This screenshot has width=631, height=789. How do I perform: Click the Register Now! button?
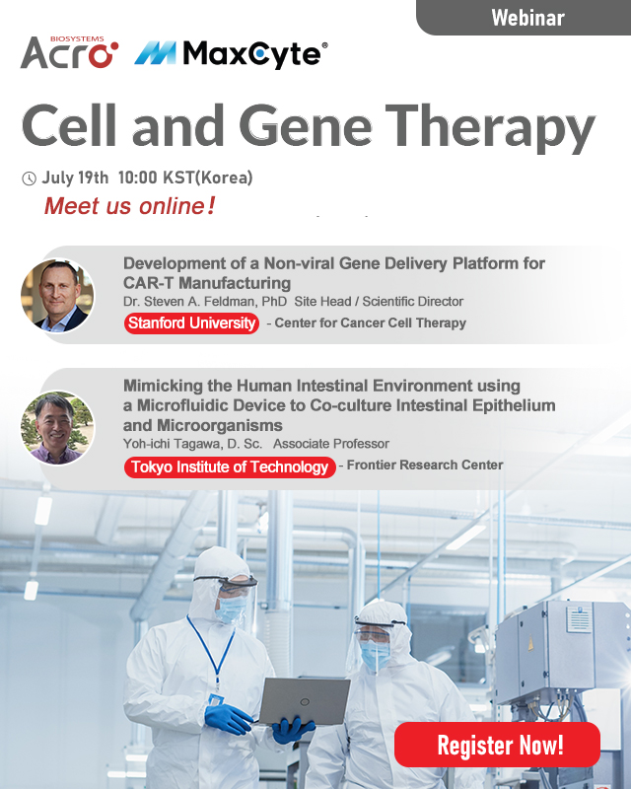[x=497, y=745]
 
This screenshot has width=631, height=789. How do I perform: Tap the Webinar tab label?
[x=527, y=18]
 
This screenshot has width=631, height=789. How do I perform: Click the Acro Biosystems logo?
[x=69, y=52]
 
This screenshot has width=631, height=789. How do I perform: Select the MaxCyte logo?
[x=231, y=54]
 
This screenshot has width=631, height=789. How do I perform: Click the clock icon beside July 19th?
[x=30, y=179]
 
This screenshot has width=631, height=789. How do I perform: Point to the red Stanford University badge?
[x=191, y=323]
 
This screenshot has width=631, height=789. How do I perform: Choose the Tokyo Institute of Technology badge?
[x=230, y=466]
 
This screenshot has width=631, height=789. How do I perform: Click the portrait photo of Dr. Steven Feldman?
[x=57, y=295]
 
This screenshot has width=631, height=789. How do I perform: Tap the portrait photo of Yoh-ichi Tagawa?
[x=57, y=428]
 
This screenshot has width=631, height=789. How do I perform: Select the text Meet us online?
[x=130, y=206]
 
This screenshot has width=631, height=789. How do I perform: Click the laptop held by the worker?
[x=304, y=700]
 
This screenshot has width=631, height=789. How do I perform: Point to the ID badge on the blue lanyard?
[x=216, y=699]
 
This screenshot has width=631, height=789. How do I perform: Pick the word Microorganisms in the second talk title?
[x=220, y=426]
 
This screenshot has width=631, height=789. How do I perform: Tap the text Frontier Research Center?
[x=425, y=465]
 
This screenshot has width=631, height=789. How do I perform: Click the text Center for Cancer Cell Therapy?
[x=371, y=323]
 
